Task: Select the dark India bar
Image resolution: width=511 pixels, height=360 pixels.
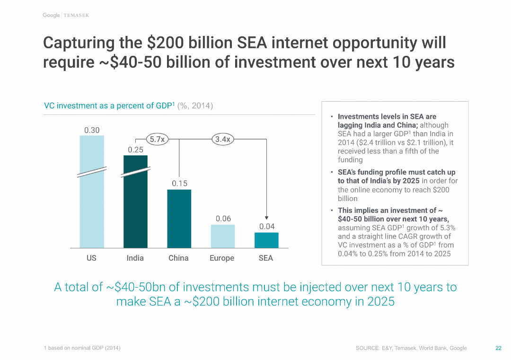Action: click(135, 208)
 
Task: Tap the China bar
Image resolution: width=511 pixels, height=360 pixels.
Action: click(179, 219)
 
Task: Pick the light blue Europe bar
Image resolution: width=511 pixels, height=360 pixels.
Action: click(222, 236)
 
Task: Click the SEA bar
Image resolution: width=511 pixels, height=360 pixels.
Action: click(266, 240)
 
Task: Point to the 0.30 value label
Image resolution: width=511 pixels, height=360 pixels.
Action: click(92, 130)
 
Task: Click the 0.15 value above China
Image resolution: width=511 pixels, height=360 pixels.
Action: click(179, 184)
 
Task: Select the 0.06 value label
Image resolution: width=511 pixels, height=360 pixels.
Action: click(223, 219)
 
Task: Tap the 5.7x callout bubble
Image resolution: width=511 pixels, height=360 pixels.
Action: click(157, 140)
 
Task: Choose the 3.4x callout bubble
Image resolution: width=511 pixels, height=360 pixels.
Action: click(222, 140)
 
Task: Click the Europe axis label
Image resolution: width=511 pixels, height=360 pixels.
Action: click(222, 258)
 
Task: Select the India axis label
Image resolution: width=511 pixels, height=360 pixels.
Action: click(135, 258)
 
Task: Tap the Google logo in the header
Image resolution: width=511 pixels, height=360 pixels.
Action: click(51, 15)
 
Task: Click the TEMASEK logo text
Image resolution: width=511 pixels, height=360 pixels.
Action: click(76, 16)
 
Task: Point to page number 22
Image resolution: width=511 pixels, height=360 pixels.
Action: click(498, 348)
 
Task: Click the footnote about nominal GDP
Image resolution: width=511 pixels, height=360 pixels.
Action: click(82, 348)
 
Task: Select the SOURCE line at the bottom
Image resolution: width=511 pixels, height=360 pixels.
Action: click(411, 348)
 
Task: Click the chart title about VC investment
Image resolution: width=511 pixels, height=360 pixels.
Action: click(128, 106)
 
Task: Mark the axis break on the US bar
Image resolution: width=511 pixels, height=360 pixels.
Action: click(92, 172)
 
